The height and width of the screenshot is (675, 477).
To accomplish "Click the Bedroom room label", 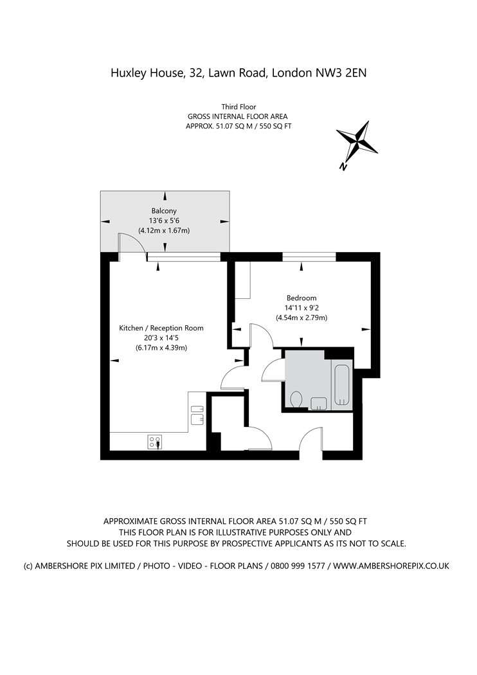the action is (x=301, y=298).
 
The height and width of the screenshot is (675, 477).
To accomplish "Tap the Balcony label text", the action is (x=164, y=211).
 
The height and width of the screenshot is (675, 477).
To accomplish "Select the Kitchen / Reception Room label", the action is (x=161, y=328).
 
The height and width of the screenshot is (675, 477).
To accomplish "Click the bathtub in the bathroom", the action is (x=342, y=385).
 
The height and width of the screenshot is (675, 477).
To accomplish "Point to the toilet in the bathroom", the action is (x=296, y=399).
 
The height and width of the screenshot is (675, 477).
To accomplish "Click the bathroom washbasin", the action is (x=319, y=403).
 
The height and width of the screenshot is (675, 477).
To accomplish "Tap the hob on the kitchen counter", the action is (x=154, y=442).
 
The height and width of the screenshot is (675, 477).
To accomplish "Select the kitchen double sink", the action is (x=197, y=415).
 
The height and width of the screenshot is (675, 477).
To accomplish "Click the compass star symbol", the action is (x=357, y=139).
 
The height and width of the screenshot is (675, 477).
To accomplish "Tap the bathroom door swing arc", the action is (x=271, y=371).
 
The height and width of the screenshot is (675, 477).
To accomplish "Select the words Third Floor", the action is (x=239, y=107).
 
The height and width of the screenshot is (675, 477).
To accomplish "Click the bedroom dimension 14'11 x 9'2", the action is (x=301, y=308).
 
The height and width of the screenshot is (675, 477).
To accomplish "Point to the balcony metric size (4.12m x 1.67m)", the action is (x=164, y=231).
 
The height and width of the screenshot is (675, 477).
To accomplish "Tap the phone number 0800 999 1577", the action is (x=298, y=566).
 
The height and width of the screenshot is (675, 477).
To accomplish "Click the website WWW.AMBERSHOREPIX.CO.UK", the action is (x=391, y=566).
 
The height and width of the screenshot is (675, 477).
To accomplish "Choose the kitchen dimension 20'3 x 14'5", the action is (x=161, y=338).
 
